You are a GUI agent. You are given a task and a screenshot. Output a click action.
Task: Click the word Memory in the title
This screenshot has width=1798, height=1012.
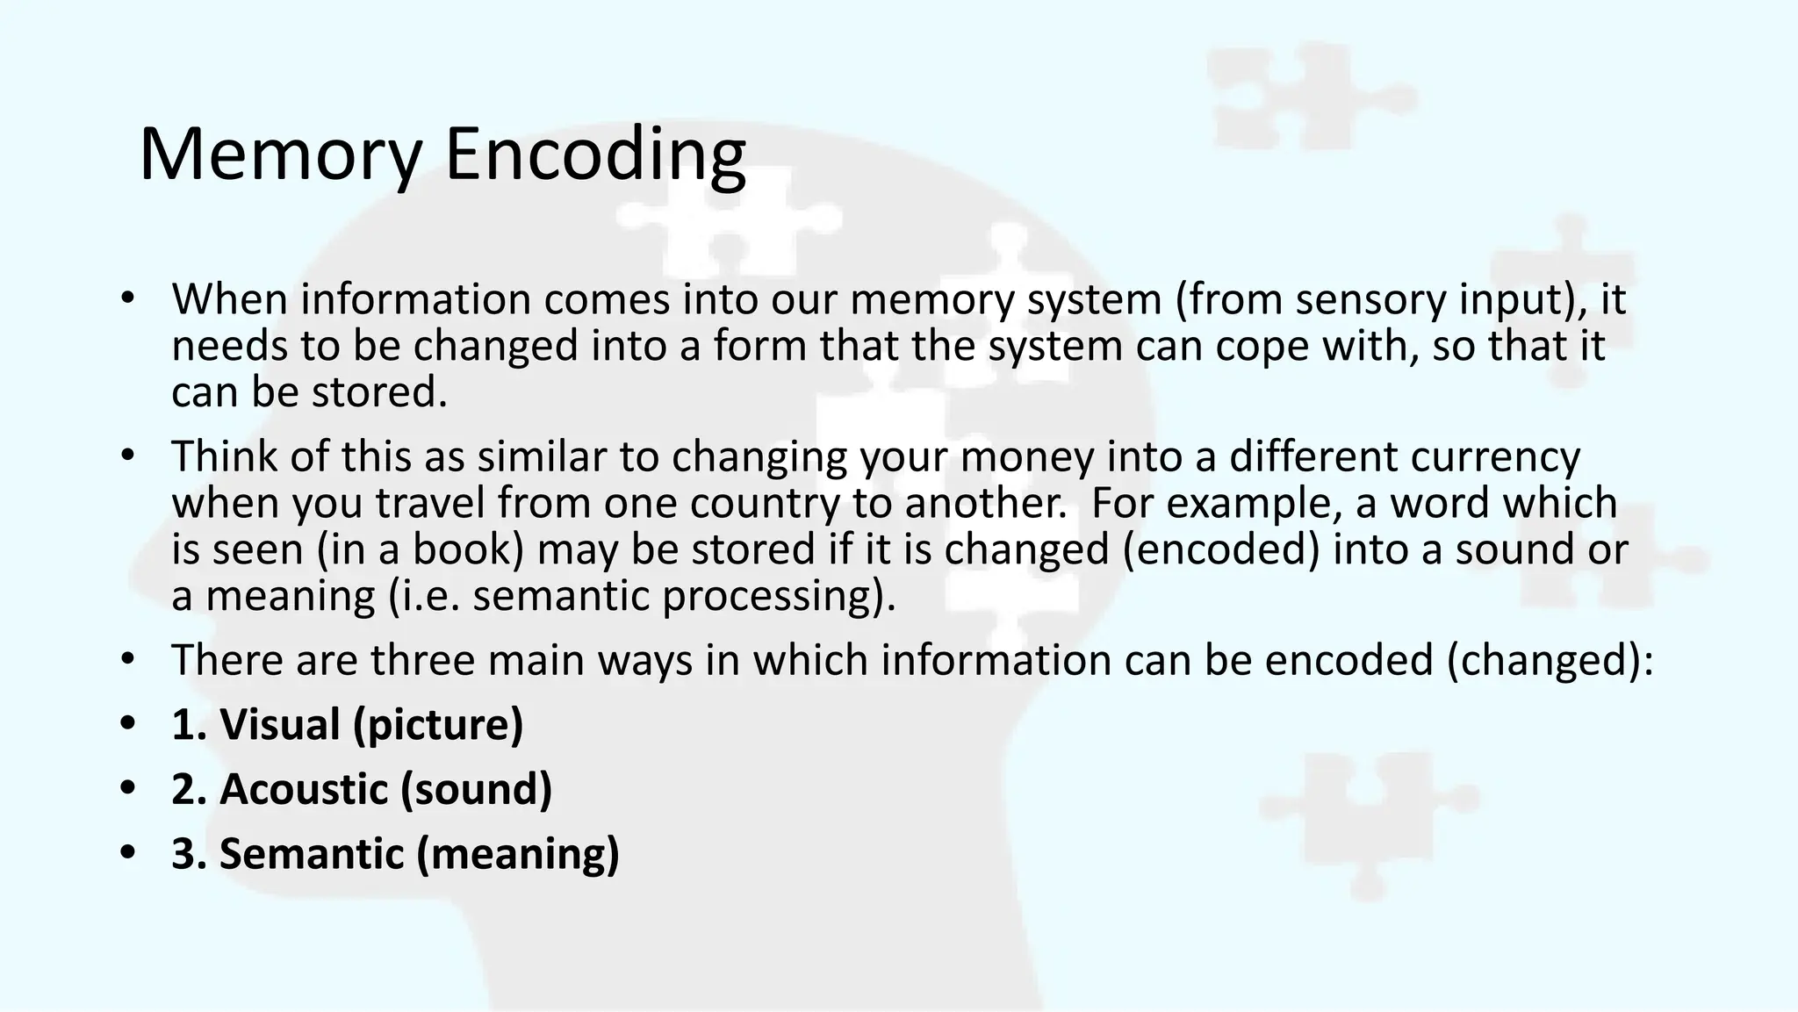click(280, 155)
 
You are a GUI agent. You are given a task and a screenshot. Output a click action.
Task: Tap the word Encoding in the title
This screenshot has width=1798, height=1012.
click(595, 155)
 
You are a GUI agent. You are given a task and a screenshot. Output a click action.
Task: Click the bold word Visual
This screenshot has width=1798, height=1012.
click(279, 725)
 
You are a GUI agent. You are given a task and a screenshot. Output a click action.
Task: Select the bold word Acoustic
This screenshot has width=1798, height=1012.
click(304, 789)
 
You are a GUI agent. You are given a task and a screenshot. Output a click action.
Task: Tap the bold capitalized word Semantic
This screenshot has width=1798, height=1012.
click(311, 853)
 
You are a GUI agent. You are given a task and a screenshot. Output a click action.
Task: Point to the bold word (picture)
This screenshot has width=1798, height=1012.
click(438, 725)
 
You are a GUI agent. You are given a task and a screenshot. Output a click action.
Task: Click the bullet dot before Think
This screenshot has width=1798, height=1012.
click(128, 456)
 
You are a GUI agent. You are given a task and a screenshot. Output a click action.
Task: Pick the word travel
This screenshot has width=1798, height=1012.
click(430, 503)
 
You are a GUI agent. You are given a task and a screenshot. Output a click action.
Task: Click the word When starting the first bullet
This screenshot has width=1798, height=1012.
click(230, 299)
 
